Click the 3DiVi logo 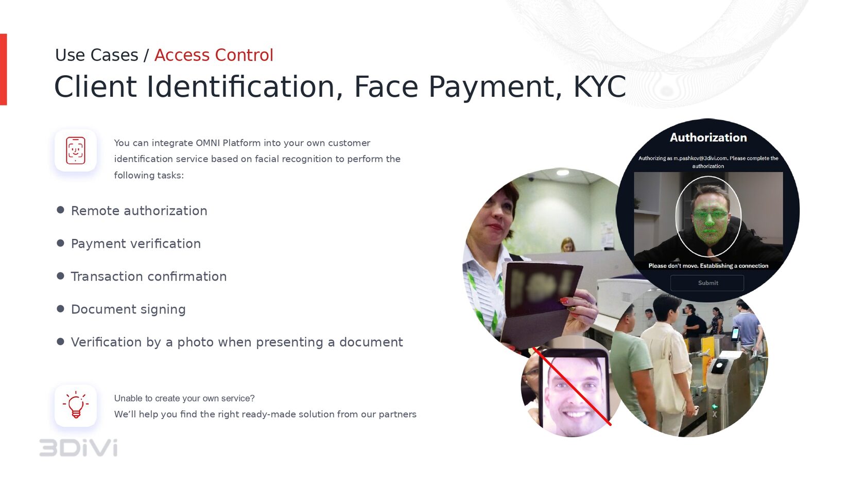tap(78, 448)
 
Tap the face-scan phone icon tap(76, 150)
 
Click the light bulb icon tap(76, 405)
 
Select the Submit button tap(707, 283)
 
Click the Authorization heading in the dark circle tap(708, 137)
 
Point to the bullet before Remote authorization tap(60, 210)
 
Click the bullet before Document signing tap(60, 309)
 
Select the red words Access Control tap(214, 55)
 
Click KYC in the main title tap(599, 86)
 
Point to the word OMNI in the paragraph tap(207, 143)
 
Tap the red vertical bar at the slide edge tap(3, 70)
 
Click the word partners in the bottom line tap(397, 414)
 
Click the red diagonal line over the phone tap(572, 386)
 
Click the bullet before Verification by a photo tap(60, 341)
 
